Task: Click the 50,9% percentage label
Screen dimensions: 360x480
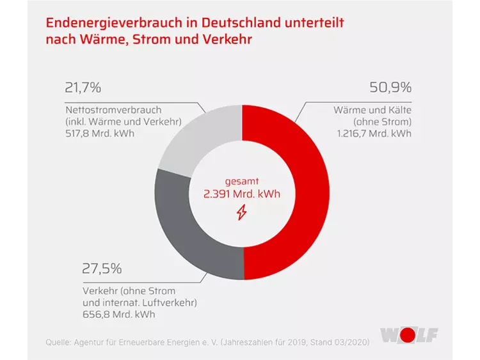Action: point(390,88)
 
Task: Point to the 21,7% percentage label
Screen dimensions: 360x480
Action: point(83,88)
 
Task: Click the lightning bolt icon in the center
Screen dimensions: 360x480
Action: point(242,212)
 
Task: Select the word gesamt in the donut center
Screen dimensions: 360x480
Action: point(242,180)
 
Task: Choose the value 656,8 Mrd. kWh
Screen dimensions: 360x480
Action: point(120,314)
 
